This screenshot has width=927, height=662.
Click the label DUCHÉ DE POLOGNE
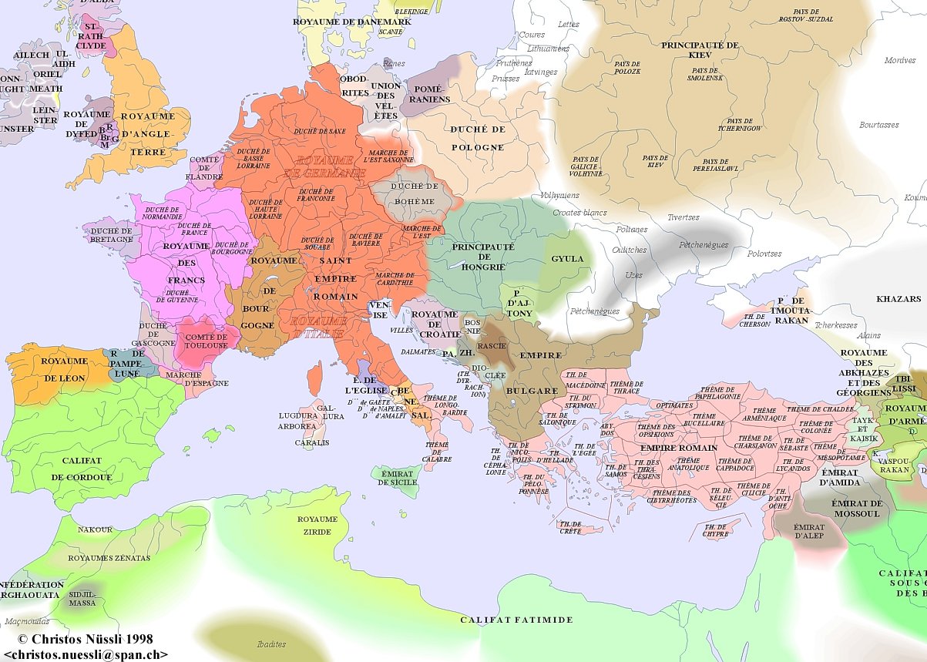477,138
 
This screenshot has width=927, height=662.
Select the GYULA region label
567,259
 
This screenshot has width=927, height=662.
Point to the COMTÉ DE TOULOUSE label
206,341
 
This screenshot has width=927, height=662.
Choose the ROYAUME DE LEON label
63,369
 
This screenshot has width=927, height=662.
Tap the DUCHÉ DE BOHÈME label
415,193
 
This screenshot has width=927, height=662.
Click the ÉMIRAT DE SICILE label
397,478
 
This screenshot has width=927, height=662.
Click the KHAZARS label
898,299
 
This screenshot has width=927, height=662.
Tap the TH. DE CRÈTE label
570,527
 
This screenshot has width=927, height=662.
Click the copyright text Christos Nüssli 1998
85,639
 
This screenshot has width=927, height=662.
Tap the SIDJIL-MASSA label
82,599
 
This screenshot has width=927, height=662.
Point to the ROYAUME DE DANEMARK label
352,22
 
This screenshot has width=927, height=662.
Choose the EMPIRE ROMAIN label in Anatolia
678,448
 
